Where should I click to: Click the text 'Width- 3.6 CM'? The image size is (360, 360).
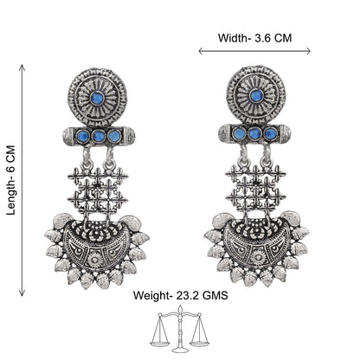coord(254,38)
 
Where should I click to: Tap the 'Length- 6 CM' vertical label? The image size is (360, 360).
coord(10,181)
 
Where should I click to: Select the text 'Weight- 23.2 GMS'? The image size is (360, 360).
coord(181,295)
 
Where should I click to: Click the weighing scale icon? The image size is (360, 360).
coord(180,329)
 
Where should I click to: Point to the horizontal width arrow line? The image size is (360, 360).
coord(254,51)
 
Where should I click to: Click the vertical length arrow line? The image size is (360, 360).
coord(22,181)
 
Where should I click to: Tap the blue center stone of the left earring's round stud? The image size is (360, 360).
coord(97,98)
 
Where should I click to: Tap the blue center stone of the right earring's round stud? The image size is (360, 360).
coord(256,96)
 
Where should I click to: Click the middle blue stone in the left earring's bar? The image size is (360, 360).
coord(99,136)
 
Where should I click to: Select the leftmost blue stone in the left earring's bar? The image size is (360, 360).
coord(83,135)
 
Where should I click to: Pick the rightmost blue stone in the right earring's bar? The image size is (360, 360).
coord(270,133)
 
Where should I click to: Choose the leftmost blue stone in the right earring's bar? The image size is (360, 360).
coord(239,133)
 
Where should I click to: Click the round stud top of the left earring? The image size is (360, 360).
coord(98,98)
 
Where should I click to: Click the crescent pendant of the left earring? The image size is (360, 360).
coord(97,251)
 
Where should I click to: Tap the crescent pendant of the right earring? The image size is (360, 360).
coord(256,248)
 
